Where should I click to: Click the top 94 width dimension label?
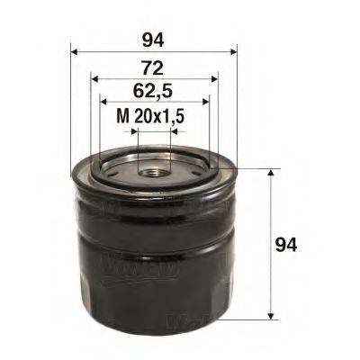point(152,39)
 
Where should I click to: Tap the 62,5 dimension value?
point(152,91)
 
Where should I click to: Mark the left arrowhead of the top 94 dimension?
point(73,52)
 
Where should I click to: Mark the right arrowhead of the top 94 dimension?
point(231,52)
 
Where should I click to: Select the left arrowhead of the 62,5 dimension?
point(103,103)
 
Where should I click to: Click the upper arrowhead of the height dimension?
point(271,172)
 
